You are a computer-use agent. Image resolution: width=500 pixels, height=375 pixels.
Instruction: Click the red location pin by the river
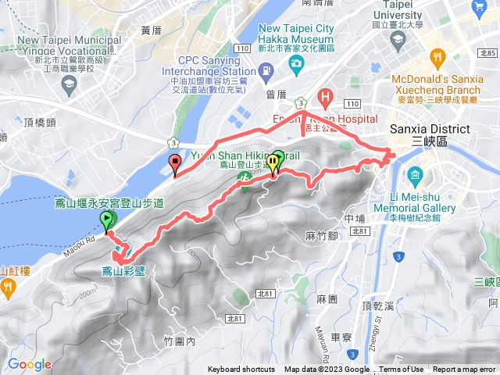175,164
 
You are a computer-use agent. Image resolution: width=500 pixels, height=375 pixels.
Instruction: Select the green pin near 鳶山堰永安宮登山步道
107,221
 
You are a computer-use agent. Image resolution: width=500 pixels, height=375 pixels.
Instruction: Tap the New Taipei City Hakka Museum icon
297,69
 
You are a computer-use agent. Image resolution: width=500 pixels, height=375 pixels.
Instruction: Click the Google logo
30,364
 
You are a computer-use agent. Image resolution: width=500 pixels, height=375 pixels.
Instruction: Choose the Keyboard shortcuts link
241,370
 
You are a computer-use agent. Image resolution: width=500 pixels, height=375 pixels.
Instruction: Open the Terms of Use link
402,370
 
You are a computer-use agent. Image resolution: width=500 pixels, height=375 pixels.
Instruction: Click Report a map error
464,370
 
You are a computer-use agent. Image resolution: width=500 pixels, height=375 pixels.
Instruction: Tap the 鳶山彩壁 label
123,272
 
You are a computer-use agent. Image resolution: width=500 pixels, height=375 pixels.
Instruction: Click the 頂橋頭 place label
39,122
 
